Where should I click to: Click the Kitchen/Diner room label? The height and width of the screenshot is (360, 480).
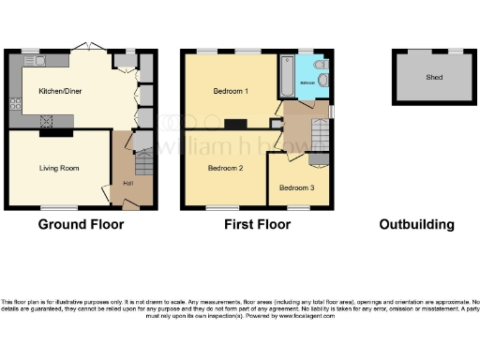(x=58, y=91)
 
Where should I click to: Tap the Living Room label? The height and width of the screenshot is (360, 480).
(x=58, y=169)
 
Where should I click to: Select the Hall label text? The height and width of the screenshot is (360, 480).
(x=126, y=182)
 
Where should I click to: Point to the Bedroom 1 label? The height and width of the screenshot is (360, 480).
(x=229, y=91)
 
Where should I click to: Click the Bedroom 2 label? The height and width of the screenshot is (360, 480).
(x=226, y=169)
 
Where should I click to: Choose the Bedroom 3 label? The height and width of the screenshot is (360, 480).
(x=296, y=187)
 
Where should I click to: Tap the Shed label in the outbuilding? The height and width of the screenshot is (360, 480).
(x=434, y=78)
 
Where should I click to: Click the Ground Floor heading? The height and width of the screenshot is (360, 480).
(x=81, y=225)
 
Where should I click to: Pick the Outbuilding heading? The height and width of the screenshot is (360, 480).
(x=416, y=225)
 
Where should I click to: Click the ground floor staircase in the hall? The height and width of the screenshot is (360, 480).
(x=142, y=166)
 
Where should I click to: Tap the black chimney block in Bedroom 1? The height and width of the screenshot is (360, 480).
(x=234, y=124)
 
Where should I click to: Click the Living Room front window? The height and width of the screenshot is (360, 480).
(x=58, y=207)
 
